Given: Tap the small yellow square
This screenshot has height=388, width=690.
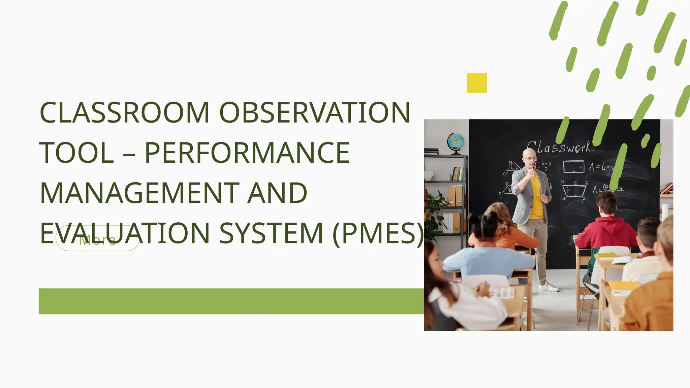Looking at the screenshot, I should [x=477, y=83].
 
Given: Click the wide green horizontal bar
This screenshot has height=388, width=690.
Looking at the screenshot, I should [x=231, y=301].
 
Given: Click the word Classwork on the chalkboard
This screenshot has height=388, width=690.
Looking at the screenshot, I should [x=559, y=148].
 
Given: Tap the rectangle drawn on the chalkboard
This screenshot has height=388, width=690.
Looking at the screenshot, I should [x=573, y=166].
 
